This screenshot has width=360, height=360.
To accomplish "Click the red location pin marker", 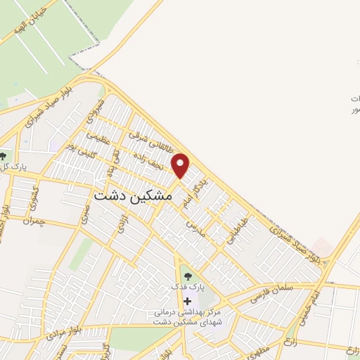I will pos(181,165).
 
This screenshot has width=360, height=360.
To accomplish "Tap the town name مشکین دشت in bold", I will pos(132,196).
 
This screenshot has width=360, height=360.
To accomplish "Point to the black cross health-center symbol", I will pos(186,301).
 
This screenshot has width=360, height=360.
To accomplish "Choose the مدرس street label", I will pos(195,226).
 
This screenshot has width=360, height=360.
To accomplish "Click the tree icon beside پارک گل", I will pos(4,156).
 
